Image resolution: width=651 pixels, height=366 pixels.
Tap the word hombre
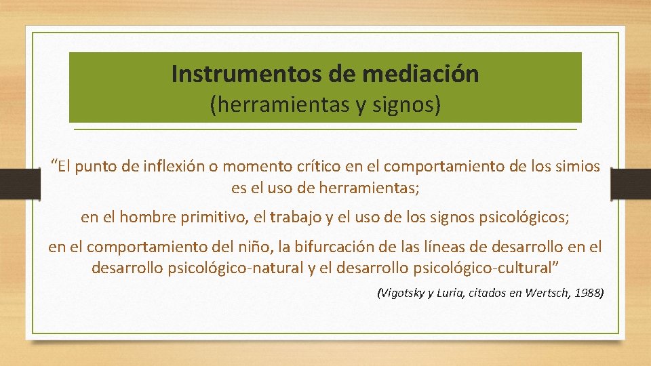coord(141,218)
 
